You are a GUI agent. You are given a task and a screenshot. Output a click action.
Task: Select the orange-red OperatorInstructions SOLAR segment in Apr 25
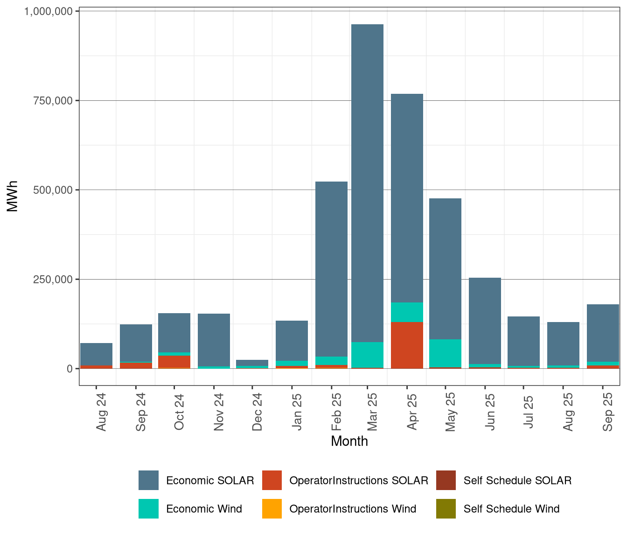tap(407, 345)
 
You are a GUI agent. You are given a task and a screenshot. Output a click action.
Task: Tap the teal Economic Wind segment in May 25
tap(445, 353)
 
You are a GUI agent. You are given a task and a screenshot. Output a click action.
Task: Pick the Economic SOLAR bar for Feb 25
tap(331, 269)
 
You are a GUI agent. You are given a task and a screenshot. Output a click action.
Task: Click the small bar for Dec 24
tap(252, 363)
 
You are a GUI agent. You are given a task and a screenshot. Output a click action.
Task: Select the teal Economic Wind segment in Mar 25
tap(367, 355)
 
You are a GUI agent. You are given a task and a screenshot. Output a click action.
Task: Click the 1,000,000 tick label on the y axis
tap(48, 11)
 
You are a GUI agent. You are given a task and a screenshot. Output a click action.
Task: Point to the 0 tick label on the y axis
tap(70, 369)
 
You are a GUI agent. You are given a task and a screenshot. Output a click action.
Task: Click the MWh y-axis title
tap(13, 196)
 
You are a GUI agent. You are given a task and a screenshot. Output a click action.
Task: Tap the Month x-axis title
tap(349, 442)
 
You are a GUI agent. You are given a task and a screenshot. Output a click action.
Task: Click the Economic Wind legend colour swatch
tap(148, 509)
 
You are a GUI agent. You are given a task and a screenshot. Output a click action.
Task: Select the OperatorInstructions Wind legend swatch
tap(272, 509)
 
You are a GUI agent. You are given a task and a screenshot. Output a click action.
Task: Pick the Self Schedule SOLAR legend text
tap(517, 481)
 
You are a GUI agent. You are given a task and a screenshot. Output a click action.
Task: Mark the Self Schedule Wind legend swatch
tap(446, 509)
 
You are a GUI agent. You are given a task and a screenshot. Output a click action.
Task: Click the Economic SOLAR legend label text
tap(210, 481)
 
